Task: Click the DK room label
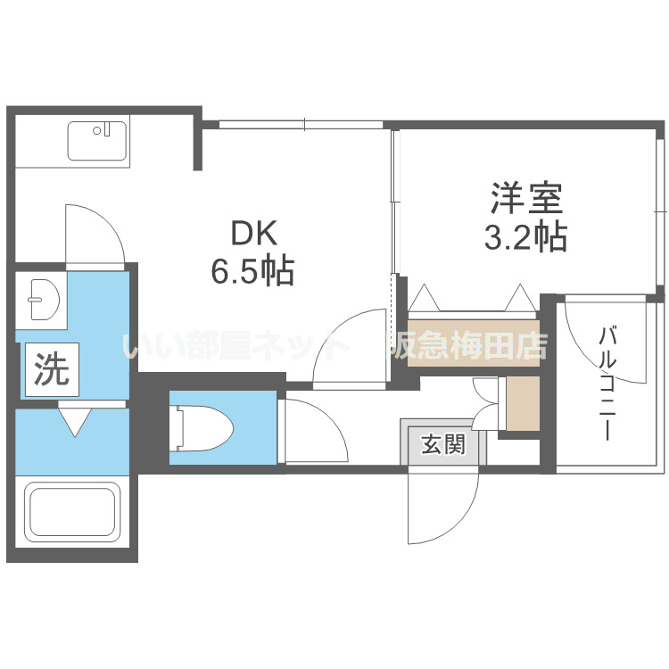point(256,234)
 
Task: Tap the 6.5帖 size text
point(252,270)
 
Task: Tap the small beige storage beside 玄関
point(522,403)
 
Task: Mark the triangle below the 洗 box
point(74,420)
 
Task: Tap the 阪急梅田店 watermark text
point(465,345)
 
